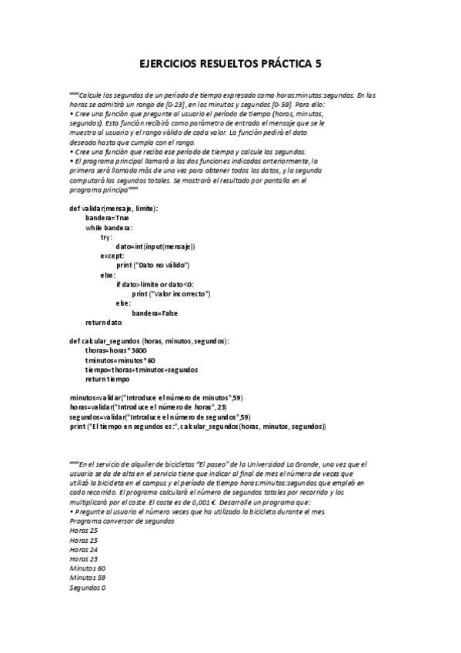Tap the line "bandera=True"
click(x=107, y=218)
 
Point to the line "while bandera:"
click(x=109, y=227)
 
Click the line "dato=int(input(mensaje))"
click(x=155, y=246)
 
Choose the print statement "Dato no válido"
click(x=153, y=265)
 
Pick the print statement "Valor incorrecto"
click(x=171, y=293)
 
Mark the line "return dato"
click(x=104, y=322)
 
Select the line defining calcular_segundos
click(x=149, y=340)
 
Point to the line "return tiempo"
click(x=107, y=379)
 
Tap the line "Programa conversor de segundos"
click(x=122, y=521)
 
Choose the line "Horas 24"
click(x=83, y=550)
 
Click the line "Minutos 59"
click(x=87, y=578)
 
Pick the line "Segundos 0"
click(x=87, y=588)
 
